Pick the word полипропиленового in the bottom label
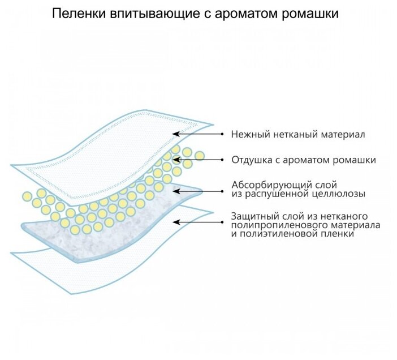(274, 225)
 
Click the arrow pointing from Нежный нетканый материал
(198, 134)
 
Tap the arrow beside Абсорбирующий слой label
(198, 189)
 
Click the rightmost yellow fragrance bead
(199, 156)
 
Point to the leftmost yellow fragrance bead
(27, 196)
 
